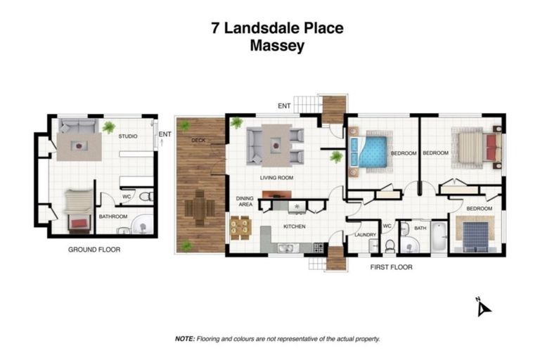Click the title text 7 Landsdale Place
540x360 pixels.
[277, 28]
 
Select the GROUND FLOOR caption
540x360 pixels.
[94, 250]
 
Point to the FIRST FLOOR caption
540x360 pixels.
[392, 267]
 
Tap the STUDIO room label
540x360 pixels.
[127, 136]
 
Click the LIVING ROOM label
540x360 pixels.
[276, 178]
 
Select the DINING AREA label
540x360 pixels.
[244, 202]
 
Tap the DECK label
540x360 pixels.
[197, 140]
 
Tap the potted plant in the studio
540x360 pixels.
[109, 127]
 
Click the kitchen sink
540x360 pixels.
[286, 247]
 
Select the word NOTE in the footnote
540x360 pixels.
[184, 338]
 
